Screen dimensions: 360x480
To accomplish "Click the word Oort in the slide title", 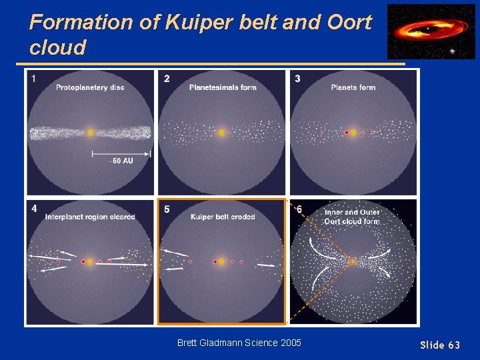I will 350,22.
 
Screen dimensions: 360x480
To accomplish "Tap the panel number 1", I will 33,79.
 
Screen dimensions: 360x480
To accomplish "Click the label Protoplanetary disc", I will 90,87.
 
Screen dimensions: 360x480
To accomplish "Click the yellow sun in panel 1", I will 90,133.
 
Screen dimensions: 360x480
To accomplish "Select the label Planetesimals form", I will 223,87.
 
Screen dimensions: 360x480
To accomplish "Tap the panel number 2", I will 167,79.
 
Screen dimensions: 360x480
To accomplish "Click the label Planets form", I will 353,87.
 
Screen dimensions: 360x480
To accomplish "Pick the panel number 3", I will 297,79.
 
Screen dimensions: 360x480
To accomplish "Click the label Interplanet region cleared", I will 90,217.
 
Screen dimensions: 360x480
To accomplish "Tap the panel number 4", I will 33,209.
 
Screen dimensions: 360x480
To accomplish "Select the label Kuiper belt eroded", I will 223,217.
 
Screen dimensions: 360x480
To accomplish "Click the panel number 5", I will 167,209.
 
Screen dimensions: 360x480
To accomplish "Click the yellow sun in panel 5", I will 222,262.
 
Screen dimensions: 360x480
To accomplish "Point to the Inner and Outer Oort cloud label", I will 352,217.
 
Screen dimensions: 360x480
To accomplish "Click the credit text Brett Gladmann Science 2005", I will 239,343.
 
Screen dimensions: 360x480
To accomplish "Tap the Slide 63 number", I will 439,345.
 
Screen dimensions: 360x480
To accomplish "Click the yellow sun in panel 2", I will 222,133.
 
